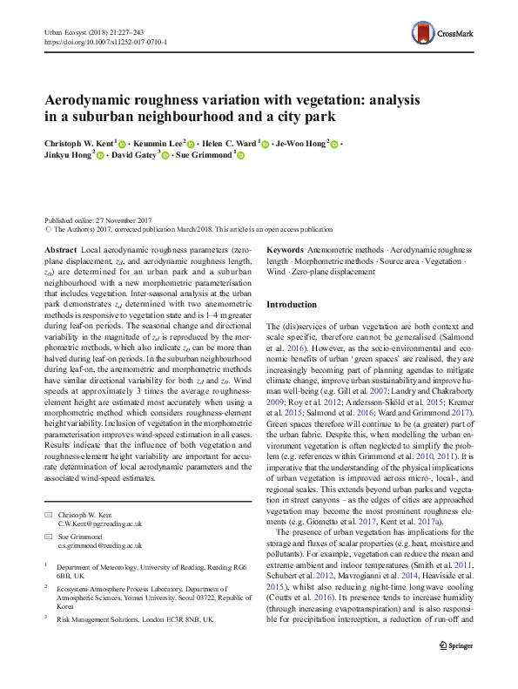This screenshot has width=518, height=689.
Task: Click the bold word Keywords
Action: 285,250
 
